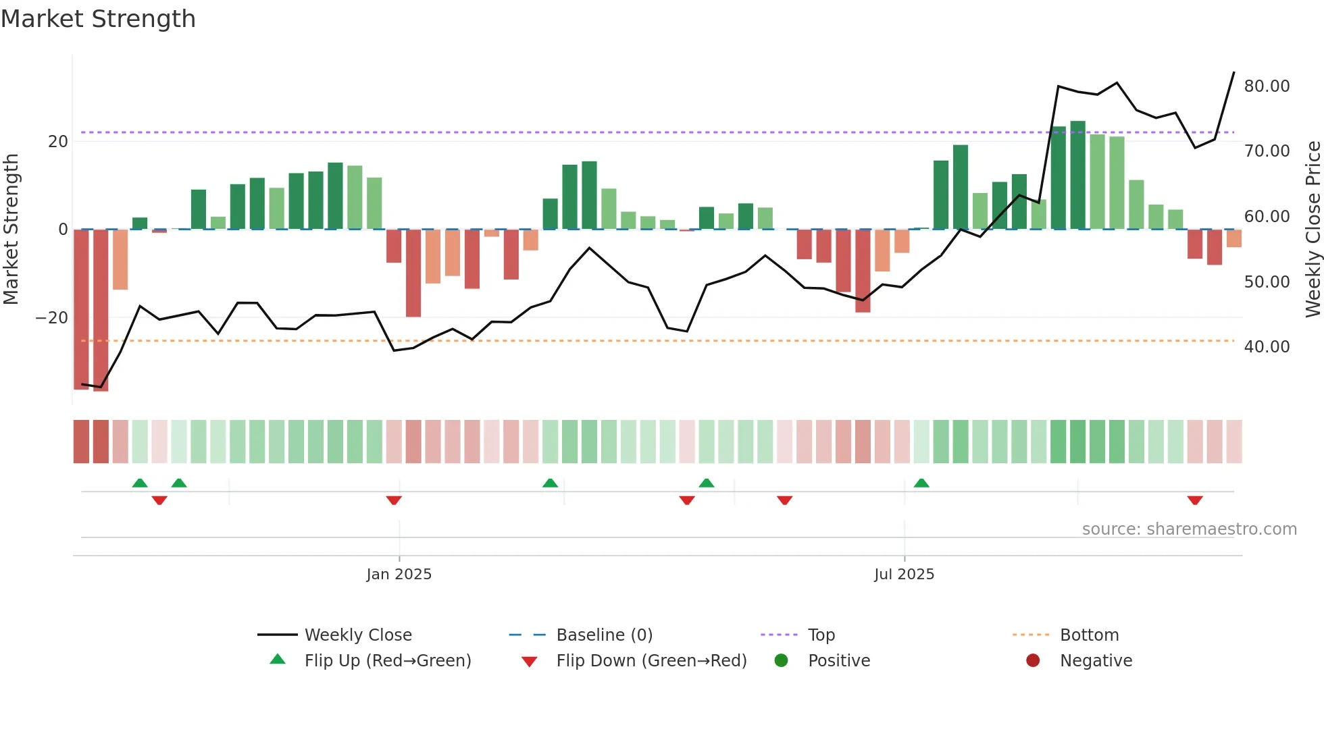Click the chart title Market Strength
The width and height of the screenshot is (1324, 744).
98,19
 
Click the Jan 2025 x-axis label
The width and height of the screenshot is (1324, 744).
399,575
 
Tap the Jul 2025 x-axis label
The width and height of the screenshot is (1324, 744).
904,575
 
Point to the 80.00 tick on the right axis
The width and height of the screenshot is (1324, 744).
1267,86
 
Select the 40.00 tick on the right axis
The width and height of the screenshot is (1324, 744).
1267,347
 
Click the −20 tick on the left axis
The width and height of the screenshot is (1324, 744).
52,318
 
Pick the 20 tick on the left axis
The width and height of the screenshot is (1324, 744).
58,142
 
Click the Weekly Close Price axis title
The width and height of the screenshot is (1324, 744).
1313,229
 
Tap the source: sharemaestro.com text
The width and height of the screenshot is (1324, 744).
1189,529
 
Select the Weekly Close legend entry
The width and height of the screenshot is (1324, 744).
357,635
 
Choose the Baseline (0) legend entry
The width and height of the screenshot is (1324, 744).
604,635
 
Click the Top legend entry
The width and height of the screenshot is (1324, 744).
821,635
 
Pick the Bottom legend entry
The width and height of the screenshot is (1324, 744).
1089,635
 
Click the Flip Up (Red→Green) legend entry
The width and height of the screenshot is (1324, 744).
387,661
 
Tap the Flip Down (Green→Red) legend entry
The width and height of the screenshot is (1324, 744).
651,661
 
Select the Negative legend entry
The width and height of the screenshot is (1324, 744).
1095,661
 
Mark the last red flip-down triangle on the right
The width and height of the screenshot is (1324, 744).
1194,500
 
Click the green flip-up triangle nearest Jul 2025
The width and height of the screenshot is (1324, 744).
921,483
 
